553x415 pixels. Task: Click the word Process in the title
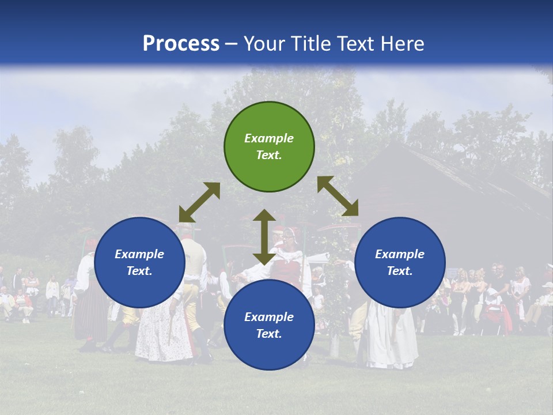(x=181, y=44)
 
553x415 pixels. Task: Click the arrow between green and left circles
(x=199, y=202)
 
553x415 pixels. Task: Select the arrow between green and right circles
(x=338, y=196)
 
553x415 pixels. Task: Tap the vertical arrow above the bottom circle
(x=264, y=236)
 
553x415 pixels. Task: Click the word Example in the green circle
(x=269, y=138)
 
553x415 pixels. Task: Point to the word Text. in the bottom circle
(x=269, y=334)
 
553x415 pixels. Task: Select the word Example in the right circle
(x=400, y=254)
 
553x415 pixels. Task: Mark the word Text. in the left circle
(x=139, y=271)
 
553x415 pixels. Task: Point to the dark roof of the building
(x=449, y=173)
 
